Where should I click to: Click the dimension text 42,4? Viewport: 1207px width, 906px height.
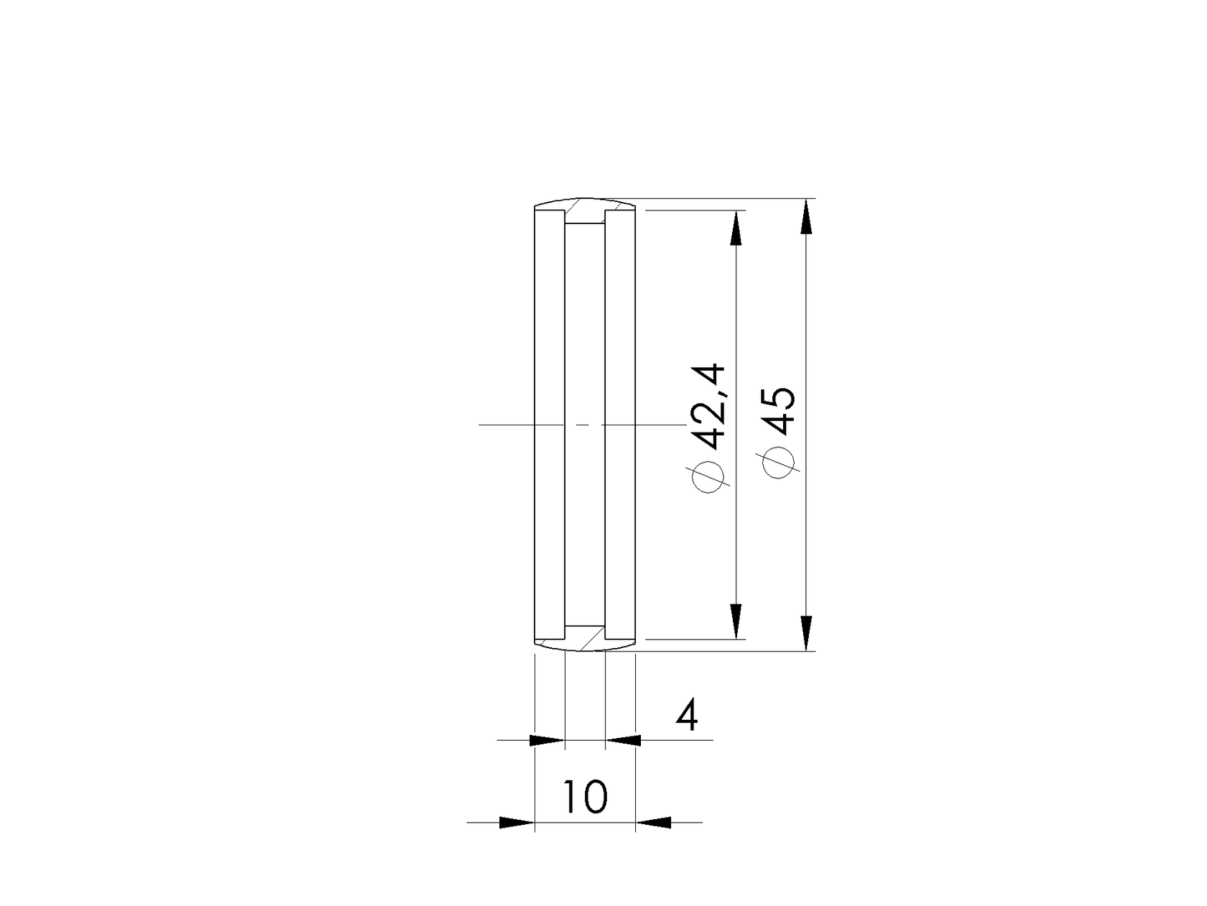pyautogui.click(x=710, y=404)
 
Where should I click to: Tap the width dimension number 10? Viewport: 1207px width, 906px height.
pyautogui.click(x=586, y=797)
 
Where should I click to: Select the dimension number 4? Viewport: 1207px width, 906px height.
pyautogui.click(x=688, y=716)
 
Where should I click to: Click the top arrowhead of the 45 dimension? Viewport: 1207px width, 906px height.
pyautogui.click(x=807, y=216)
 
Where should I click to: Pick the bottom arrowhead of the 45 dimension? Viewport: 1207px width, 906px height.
pyautogui.click(x=807, y=634)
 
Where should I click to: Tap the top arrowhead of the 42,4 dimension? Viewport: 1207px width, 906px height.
pyautogui.click(x=736, y=228)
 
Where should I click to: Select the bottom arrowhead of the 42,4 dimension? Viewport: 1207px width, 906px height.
pyautogui.click(x=736, y=621)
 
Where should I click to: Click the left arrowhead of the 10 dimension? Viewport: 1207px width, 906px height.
pyautogui.click(x=517, y=822)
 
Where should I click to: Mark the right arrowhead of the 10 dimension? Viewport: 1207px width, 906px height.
pyautogui.click(x=654, y=822)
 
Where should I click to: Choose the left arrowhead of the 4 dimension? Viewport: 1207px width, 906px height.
pyautogui.click(x=547, y=739)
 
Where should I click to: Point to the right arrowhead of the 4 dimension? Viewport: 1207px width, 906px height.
pyautogui.click(x=623, y=739)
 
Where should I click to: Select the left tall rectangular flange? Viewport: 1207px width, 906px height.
pyautogui.click(x=550, y=424)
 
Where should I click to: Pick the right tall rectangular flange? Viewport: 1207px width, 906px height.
pyautogui.click(x=621, y=424)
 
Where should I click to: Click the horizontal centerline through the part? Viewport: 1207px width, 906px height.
pyautogui.click(x=503, y=425)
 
